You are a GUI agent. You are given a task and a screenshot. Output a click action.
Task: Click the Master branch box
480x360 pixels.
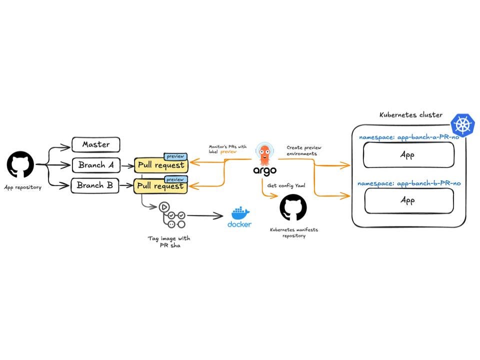[x=96, y=144]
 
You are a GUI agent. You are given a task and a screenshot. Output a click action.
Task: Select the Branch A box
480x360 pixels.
[x=96, y=165]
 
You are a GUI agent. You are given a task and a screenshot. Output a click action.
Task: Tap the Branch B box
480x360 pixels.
[x=95, y=185]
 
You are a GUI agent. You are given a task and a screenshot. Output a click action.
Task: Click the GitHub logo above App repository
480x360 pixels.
[x=20, y=164]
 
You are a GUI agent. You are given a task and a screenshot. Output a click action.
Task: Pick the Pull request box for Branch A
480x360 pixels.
[x=161, y=165]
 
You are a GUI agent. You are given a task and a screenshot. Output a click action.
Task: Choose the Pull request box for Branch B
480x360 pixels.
[x=160, y=186]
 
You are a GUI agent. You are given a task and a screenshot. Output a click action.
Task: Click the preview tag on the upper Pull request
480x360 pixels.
[x=175, y=156]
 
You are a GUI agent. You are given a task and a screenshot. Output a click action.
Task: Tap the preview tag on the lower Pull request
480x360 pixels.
[x=175, y=179]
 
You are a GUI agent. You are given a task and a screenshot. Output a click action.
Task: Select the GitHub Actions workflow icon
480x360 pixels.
[x=172, y=215]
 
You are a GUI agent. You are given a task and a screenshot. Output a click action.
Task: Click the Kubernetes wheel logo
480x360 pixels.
[x=462, y=125]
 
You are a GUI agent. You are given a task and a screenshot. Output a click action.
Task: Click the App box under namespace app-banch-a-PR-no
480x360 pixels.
[x=408, y=155]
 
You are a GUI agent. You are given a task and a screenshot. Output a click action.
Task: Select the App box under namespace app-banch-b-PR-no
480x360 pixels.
[x=409, y=201]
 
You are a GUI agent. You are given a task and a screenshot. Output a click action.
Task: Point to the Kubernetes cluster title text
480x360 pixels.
[x=411, y=115]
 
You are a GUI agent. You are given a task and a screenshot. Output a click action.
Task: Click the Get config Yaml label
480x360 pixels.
[x=286, y=185]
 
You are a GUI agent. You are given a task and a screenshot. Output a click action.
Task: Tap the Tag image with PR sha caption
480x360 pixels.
[x=169, y=242]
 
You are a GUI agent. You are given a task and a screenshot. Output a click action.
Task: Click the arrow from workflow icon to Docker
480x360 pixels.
[x=205, y=216]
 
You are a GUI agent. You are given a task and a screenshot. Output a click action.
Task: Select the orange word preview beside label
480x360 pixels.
[x=228, y=152]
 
